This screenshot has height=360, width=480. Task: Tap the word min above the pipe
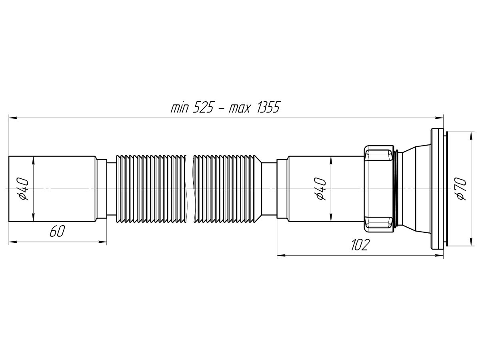[x=180, y=108]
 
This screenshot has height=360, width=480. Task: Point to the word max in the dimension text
[x=240, y=108]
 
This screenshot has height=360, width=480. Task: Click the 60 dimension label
[x=57, y=232]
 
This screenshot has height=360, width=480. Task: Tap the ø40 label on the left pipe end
[x=23, y=189]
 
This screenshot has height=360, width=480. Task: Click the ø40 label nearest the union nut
[x=321, y=189]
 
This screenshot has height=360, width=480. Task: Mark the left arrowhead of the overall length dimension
[x=12, y=118]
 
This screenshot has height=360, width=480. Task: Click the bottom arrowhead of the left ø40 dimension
[x=33, y=218]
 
